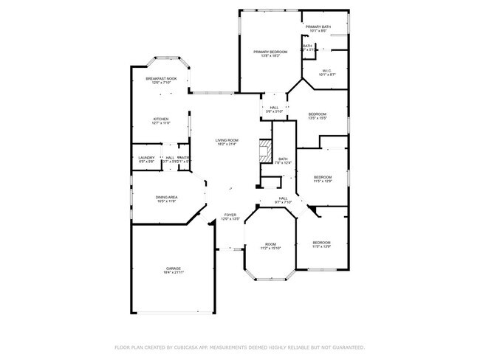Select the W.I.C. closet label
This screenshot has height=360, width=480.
point(328,71)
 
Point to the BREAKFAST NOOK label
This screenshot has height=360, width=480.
point(161,79)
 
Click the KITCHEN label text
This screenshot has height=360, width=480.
point(161,119)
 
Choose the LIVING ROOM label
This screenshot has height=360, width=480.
point(227,140)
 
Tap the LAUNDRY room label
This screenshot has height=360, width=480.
point(145,157)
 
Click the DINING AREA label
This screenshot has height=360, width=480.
point(165,197)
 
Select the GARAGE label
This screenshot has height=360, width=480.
point(173,269)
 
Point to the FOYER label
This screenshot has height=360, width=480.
point(231,215)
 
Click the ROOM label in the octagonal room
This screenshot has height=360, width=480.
point(270,244)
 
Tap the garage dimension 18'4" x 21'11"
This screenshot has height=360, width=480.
point(173,273)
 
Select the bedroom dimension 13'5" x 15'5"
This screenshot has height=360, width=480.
point(318,118)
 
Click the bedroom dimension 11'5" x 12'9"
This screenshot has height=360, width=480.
point(323,181)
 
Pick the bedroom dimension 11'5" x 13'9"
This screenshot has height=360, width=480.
point(320,246)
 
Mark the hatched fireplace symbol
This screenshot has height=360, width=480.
point(264,151)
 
